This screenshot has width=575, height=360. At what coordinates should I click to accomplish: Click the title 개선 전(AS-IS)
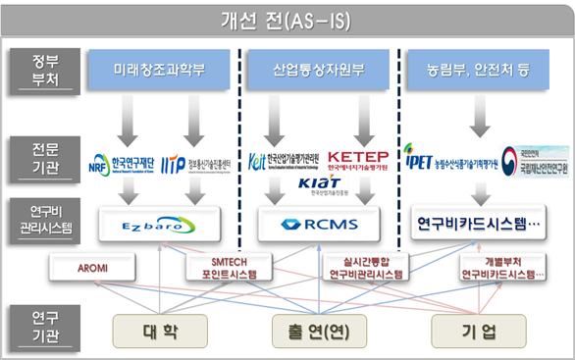287,20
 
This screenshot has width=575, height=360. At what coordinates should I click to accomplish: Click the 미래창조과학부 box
162,71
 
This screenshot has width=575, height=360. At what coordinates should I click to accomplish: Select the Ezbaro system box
160,225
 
